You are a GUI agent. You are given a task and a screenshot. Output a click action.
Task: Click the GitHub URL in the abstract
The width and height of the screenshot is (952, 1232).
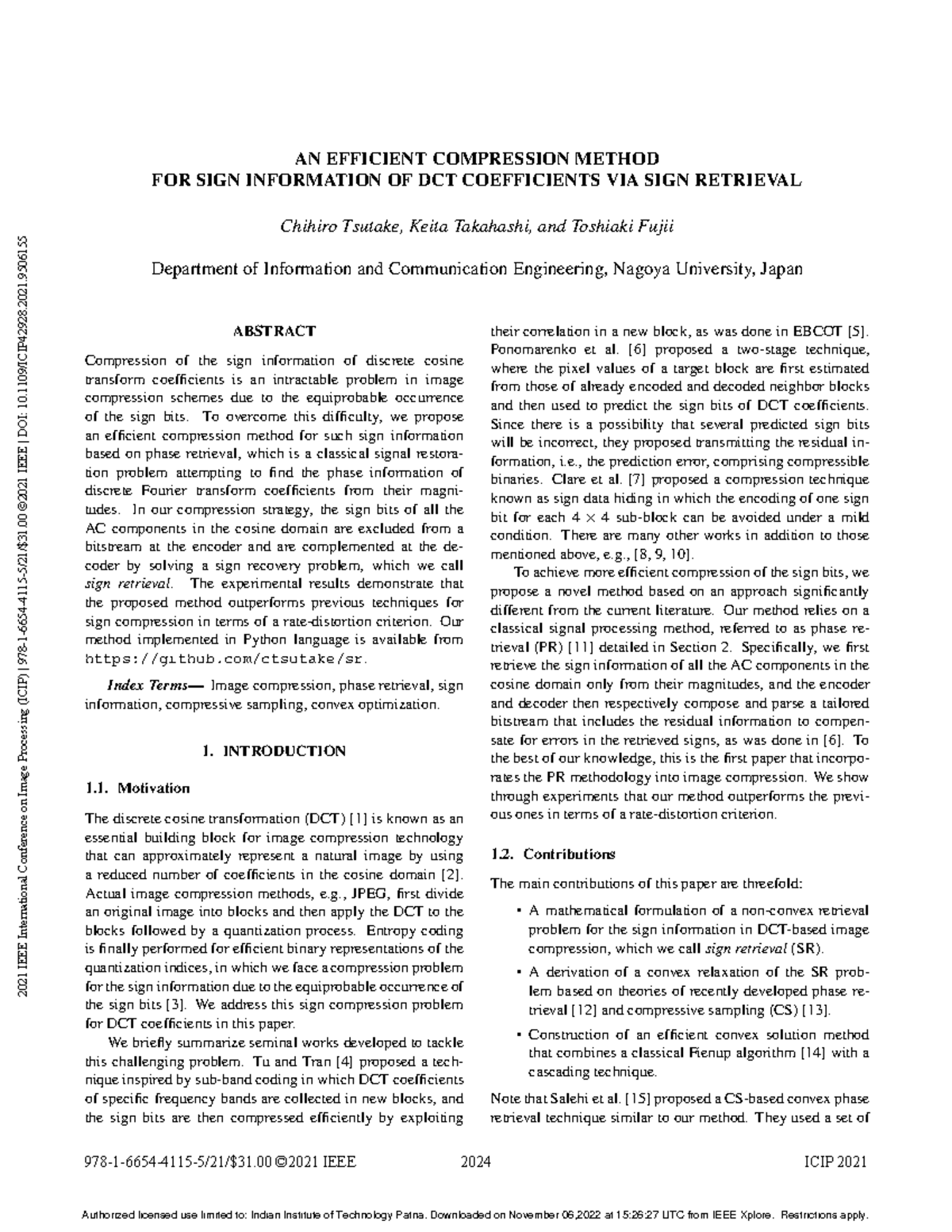(x=226, y=658)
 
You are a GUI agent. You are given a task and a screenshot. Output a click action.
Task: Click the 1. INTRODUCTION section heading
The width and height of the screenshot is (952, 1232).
(x=274, y=750)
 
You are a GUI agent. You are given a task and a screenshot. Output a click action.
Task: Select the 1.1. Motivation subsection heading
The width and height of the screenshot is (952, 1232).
(x=137, y=789)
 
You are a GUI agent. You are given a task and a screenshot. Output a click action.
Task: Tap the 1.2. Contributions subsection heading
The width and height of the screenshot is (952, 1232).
(x=553, y=854)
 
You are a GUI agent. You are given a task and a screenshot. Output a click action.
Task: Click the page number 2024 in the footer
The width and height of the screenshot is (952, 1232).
(x=476, y=1163)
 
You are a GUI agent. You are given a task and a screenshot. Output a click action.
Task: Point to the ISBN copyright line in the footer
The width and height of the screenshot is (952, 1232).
(x=220, y=1163)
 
